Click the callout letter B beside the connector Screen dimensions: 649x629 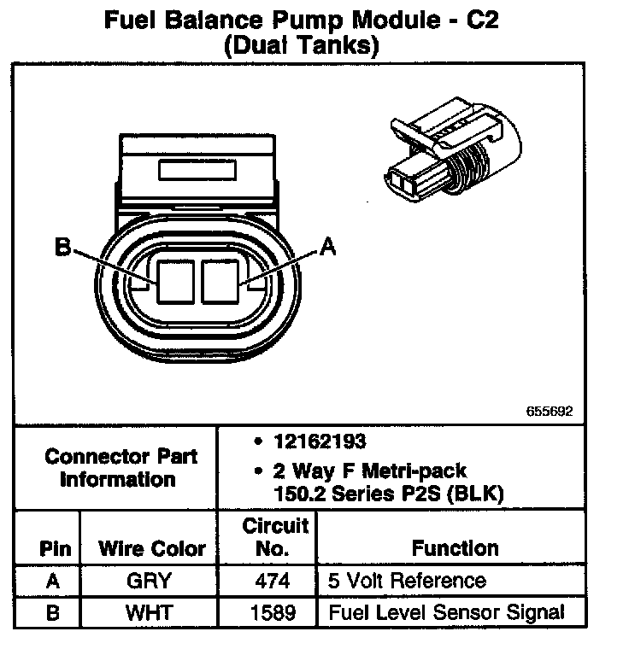pos(62,248)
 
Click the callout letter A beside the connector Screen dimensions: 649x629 pos(327,248)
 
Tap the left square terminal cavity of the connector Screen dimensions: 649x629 pos(175,281)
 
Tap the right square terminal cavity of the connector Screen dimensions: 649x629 pos(222,281)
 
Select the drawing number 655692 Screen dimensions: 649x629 pos(549,412)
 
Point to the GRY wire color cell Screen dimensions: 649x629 pos(148,582)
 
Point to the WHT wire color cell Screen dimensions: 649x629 pos(148,611)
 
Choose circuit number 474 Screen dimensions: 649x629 pos(272,582)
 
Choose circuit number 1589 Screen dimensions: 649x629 pos(272,611)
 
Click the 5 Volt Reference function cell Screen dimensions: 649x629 pos(407,582)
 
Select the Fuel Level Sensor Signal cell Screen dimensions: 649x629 pos(446,611)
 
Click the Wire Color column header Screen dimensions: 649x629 pos(152,548)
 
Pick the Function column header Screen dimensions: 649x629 pos(455,548)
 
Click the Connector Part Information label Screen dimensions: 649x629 pos(121,467)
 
